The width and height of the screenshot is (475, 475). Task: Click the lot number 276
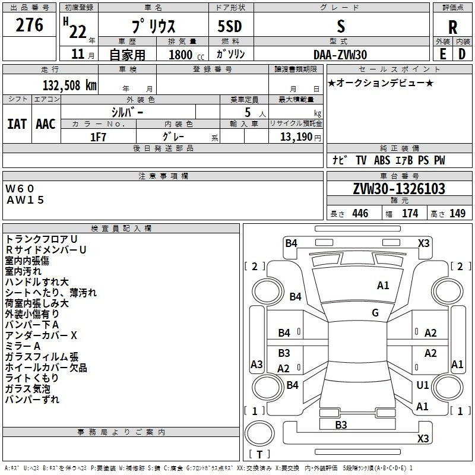[x=30, y=25]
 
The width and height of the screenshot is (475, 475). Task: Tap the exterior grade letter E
[x=442, y=54]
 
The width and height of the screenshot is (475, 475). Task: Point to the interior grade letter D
[x=462, y=54]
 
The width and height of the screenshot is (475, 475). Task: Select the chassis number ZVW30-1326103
[x=399, y=189]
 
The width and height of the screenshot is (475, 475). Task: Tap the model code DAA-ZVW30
[x=340, y=55]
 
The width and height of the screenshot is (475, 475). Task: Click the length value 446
[x=360, y=214]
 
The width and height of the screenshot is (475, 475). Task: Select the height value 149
[x=457, y=214]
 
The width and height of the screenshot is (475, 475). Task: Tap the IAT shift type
[x=17, y=123]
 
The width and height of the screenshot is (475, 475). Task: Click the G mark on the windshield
[x=375, y=313]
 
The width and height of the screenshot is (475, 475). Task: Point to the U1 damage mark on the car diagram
[x=422, y=385]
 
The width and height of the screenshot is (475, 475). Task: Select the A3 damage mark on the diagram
[x=256, y=364]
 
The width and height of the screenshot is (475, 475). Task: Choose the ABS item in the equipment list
[x=382, y=160]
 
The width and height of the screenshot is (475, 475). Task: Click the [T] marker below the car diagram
[x=259, y=454]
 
